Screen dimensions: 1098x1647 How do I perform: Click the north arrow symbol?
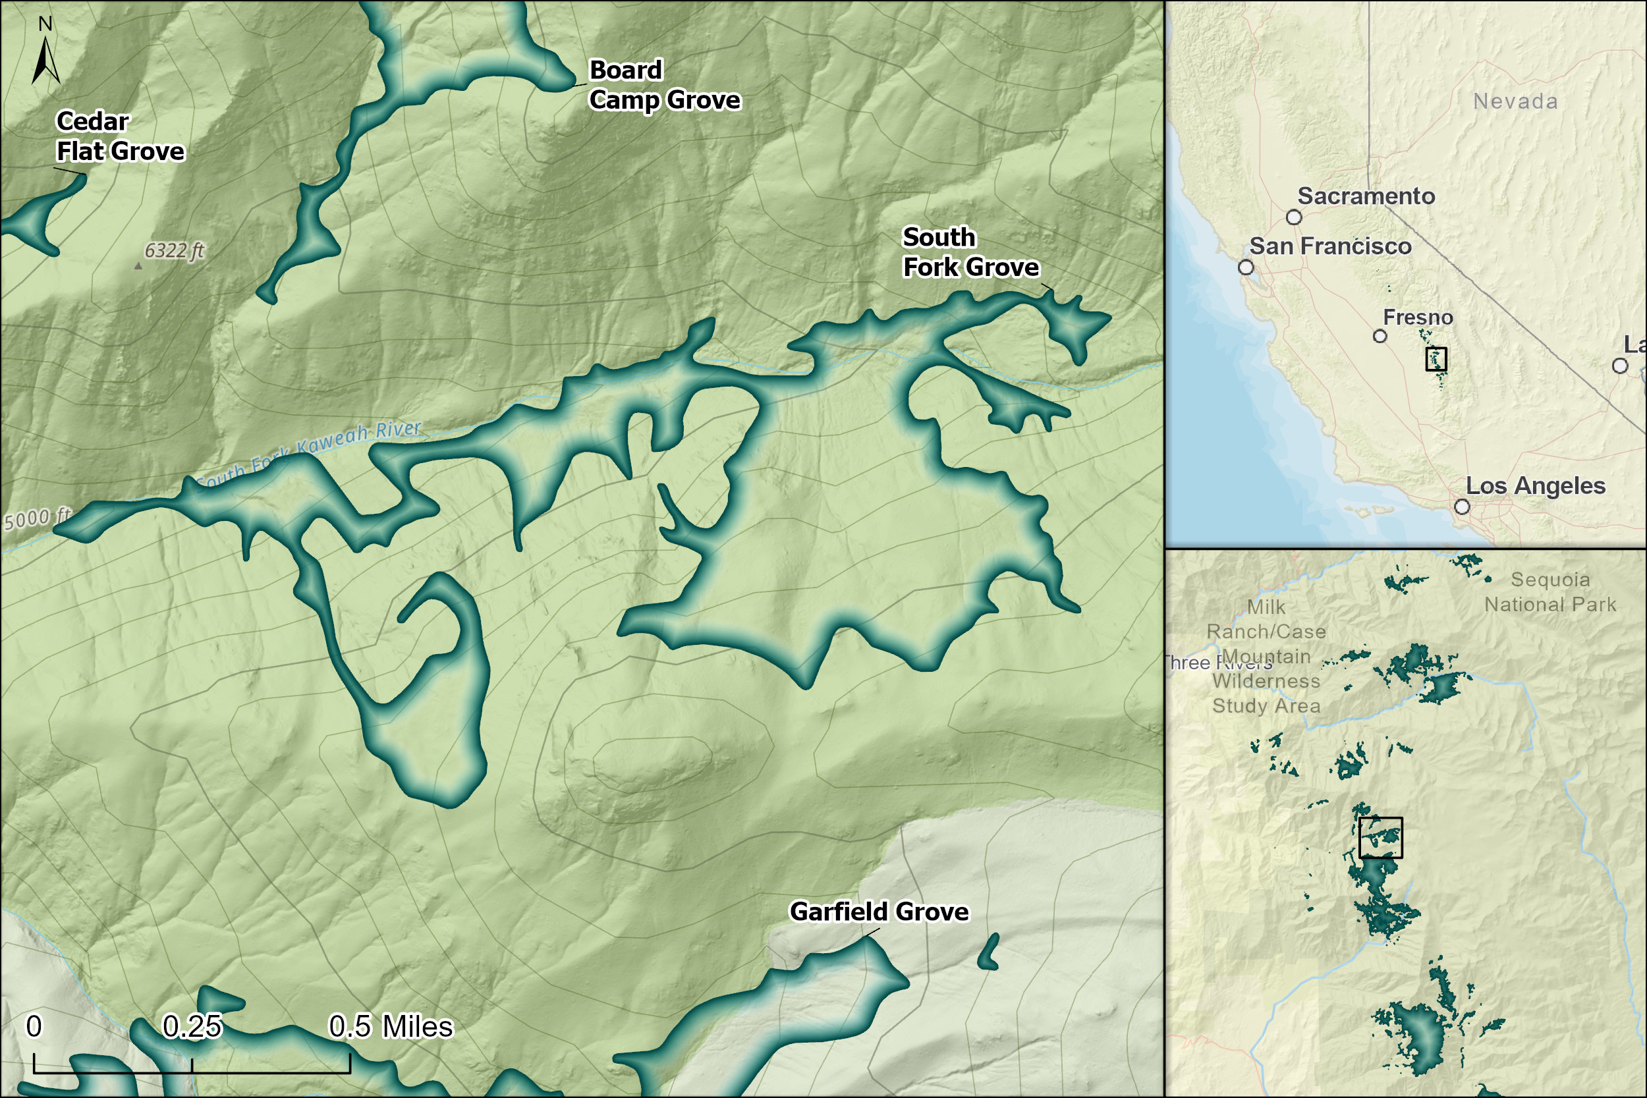45,59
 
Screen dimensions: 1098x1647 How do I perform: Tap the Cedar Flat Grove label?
120,136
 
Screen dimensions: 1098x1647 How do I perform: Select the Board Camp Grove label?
664,86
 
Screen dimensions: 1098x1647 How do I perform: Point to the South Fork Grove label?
970,252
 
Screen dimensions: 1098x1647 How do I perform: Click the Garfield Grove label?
879,912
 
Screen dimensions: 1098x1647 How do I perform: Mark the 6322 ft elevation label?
174,251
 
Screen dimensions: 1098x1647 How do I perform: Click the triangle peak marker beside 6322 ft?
138,266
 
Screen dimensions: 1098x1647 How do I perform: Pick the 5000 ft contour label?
36,520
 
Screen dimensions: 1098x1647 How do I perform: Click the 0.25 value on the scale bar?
192,1027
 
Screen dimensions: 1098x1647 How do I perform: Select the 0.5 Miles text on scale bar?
391,1027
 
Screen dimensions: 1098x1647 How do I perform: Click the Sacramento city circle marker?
1294,217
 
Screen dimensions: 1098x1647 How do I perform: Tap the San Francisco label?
1331,246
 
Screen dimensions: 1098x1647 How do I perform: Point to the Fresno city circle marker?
1380,336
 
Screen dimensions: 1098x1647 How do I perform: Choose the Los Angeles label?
1535,486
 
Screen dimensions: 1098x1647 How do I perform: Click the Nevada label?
1515,101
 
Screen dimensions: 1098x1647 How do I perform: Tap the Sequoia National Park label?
1549,591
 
